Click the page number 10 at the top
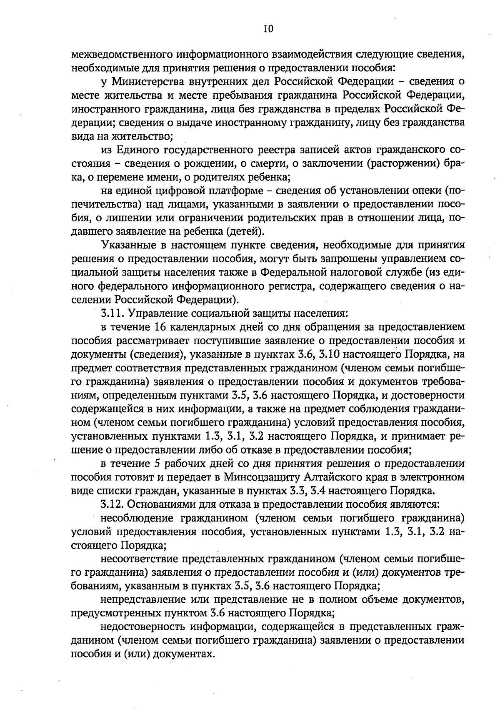point(268,29)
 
